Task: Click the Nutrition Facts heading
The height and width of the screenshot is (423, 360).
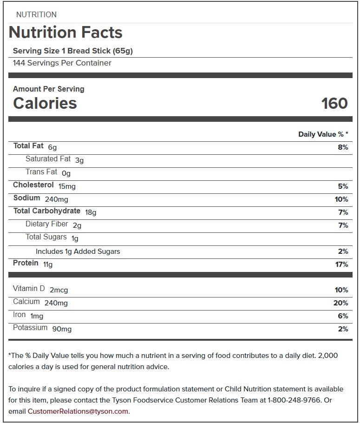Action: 65,33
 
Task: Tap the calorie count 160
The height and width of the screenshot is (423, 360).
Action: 334,103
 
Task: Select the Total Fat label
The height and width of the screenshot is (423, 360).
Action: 28,146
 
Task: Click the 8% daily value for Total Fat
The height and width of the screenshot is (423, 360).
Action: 343,147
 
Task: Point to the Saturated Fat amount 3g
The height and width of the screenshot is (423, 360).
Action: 79,160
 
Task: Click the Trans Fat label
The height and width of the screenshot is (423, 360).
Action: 41,172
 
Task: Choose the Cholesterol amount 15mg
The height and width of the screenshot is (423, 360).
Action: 67,186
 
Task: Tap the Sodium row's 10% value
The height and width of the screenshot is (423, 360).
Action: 341,199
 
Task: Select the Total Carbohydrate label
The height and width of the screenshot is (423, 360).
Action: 47,211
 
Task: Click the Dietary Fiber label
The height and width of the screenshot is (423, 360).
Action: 47,224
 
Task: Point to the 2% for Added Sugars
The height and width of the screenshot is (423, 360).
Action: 343,251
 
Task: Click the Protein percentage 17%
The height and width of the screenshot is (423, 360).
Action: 341,264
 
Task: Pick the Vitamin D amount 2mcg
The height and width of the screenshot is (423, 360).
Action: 59,290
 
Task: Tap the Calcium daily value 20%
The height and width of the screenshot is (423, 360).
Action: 341,303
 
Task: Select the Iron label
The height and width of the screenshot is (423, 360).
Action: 20,315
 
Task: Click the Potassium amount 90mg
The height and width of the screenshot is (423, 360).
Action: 62,329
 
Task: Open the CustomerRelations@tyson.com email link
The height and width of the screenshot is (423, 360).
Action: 78,411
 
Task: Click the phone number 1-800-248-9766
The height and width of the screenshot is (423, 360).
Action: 295,400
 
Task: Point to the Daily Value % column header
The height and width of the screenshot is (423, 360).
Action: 323,134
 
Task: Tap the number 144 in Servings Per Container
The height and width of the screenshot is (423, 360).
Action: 19,63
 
